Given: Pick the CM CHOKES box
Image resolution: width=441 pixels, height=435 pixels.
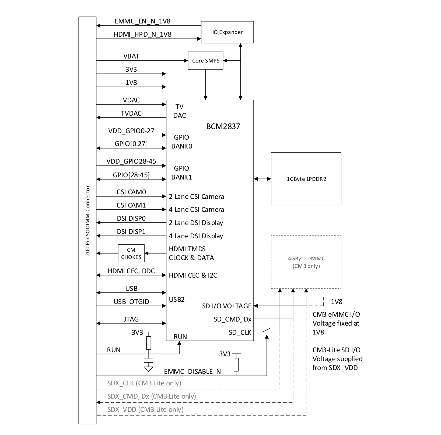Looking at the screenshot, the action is pyautogui.click(x=131, y=253).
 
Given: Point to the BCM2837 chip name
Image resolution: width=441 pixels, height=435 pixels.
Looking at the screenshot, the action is pyautogui.click(x=223, y=126).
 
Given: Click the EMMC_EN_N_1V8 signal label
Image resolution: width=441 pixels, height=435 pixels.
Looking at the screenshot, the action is pyautogui.click(x=142, y=21).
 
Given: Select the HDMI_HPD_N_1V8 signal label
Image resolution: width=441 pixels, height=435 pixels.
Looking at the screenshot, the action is pyautogui.click(x=142, y=34).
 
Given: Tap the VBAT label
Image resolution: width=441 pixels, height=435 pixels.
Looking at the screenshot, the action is pyautogui.click(x=131, y=56).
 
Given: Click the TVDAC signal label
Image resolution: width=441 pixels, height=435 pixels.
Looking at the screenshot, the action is pyautogui.click(x=131, y=113).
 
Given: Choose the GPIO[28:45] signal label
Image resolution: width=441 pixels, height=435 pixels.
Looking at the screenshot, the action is pyautogui.click(x=131, y=175).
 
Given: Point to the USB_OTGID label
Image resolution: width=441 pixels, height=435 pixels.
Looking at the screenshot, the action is pyautogui.click(x=131, y=302).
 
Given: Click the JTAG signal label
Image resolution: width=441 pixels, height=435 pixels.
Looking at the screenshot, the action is pyautogui.click(x=131, y=319).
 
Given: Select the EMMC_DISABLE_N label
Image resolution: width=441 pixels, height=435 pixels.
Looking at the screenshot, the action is pyautogui.click(x=192, y=372).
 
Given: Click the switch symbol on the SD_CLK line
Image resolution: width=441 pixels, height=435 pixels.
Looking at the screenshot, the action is pyautogui.click(x=267, y=330).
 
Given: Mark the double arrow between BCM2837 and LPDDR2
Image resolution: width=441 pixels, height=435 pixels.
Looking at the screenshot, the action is pyautogui.click(x=262, y=179).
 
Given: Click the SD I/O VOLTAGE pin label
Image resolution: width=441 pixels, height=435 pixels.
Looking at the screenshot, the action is pyautogui.click(x=227, y=306).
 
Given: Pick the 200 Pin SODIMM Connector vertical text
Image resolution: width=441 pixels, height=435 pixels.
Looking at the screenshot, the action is pyautogui.click(x=87, y=220).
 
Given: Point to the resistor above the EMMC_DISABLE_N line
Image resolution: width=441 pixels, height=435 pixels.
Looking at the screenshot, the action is pyautogui.click(x=236, y=365).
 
